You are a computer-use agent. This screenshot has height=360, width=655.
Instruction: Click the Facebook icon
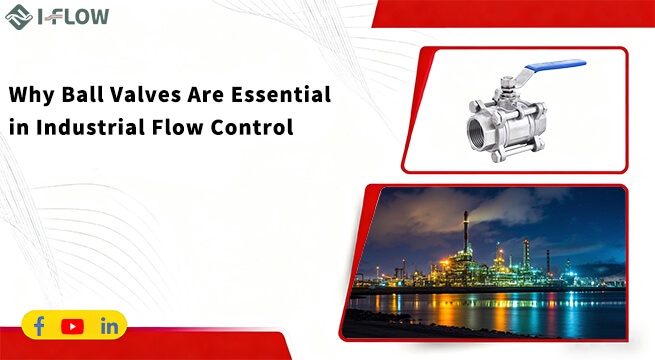click(39, 326)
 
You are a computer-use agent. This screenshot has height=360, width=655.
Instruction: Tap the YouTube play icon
click(72, 326)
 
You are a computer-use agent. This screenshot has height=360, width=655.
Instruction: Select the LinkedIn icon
click(109, 326)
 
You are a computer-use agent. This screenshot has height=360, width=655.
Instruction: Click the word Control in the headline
click(252, 128)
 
